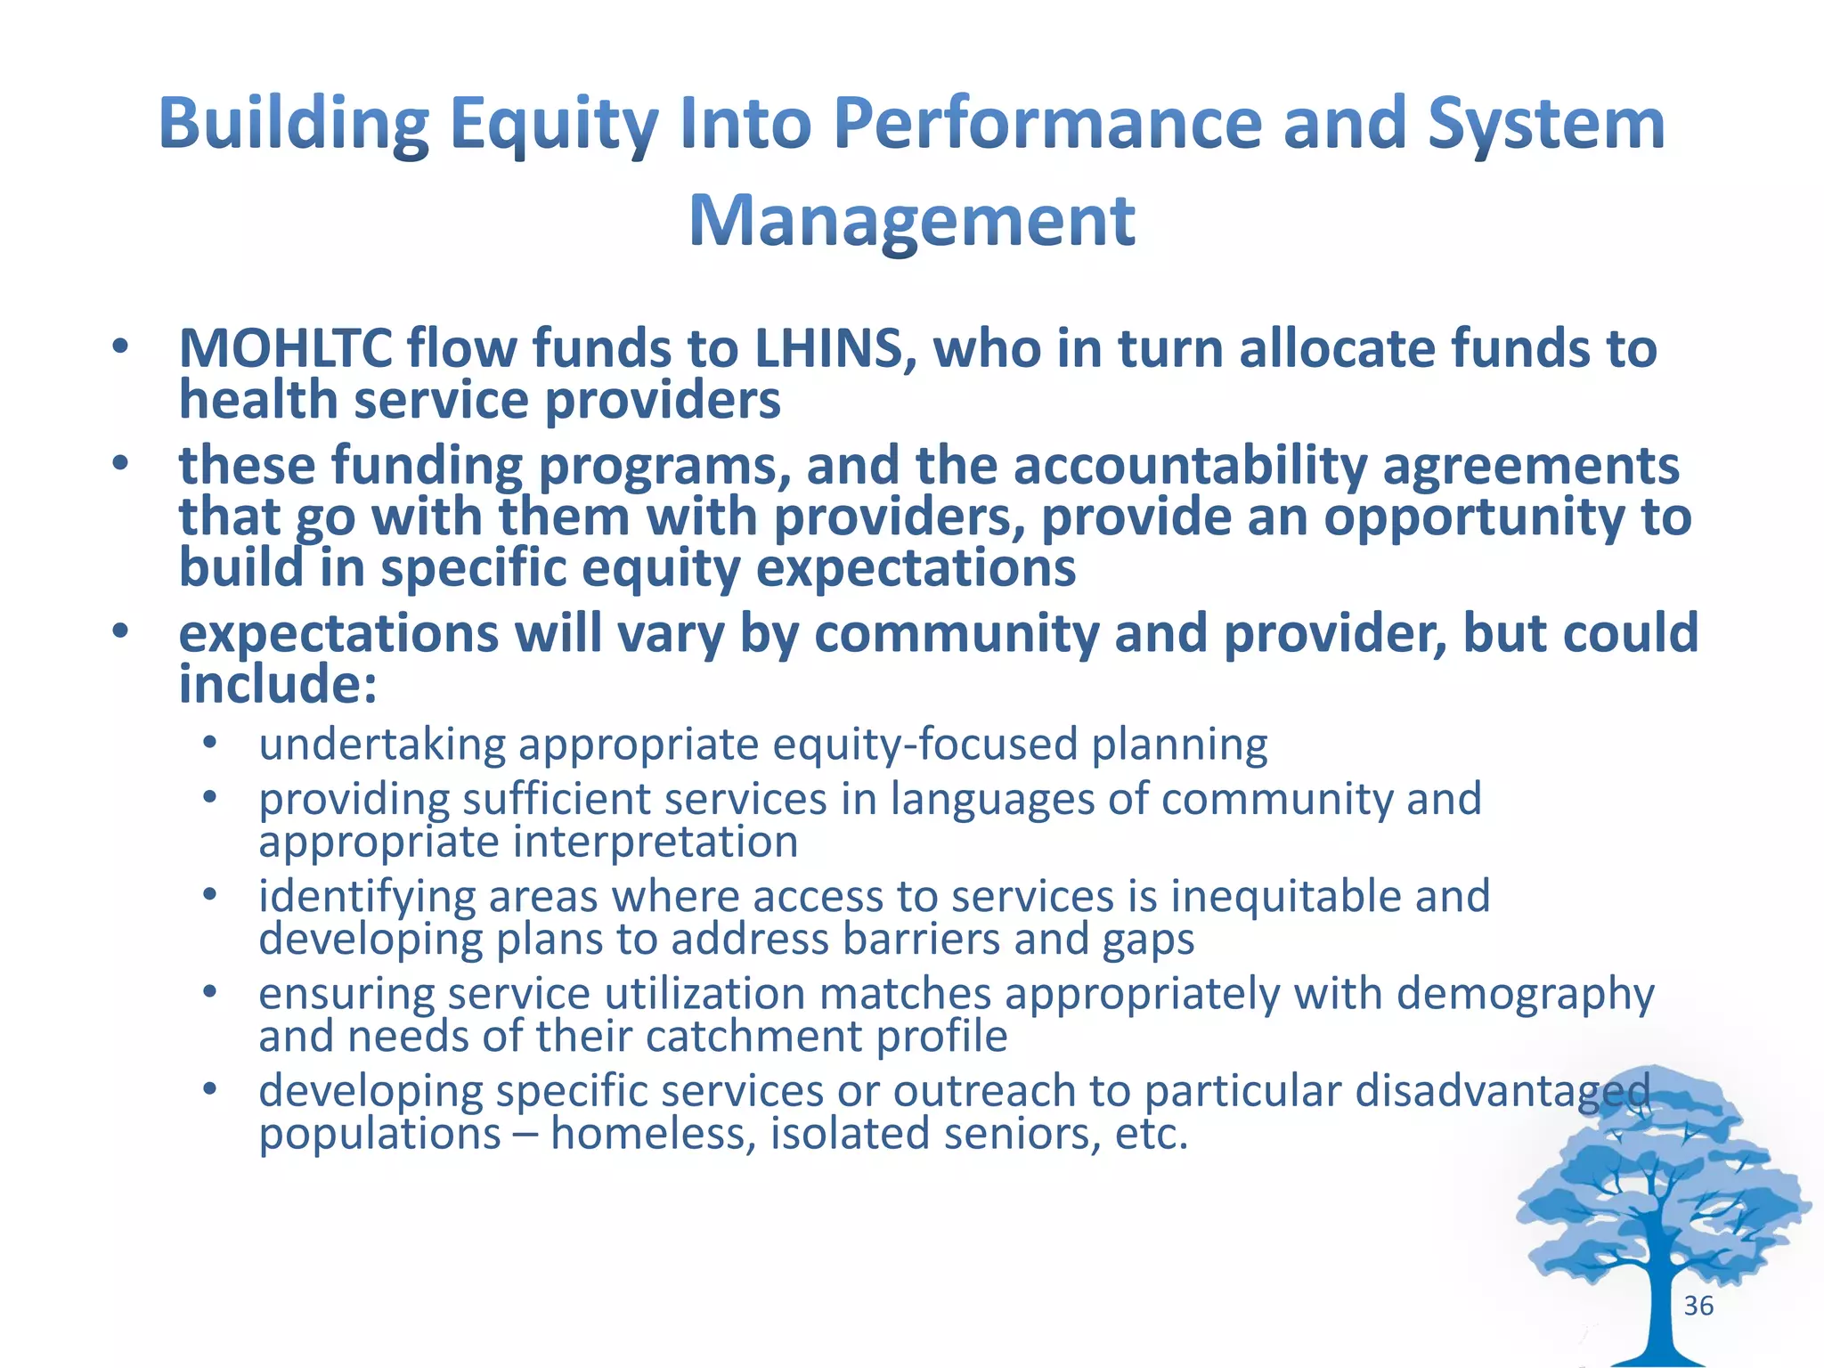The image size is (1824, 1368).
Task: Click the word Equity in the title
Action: (x=553, y=125)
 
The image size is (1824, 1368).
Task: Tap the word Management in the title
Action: (x=912, y=221)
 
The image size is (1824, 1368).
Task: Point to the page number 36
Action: (x=1698, y=1306)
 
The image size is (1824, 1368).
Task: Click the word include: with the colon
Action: (x=278, y=685)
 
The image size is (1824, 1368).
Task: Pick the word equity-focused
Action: (x=925, y=745)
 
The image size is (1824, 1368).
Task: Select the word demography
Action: (x=1525, y=994)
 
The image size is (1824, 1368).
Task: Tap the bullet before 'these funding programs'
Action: (x=120, y=463)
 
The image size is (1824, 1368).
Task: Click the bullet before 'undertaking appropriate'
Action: (x=209, y=742)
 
